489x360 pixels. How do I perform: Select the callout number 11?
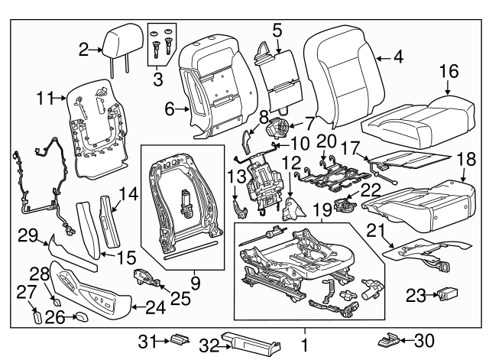click(44, 98)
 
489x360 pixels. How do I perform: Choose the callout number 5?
click(277, 31)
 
